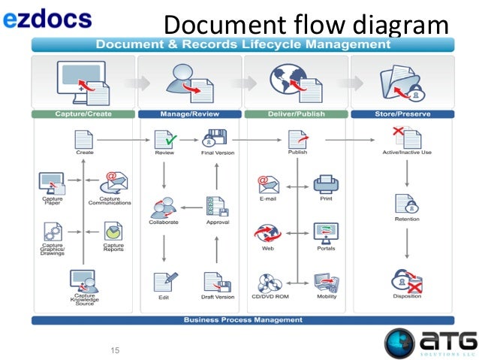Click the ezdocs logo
point(47,19)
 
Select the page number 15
point(115,349)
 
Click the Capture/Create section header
point(83,114)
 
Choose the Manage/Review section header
point(189,114)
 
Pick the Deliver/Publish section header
point(296,114)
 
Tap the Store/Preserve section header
point(402,114)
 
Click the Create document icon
point(84,138)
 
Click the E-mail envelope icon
point(267,185)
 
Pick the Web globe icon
point(267,232)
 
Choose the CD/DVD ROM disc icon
point(268,283)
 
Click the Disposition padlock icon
point(406,282)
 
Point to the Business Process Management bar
point(243,319)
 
